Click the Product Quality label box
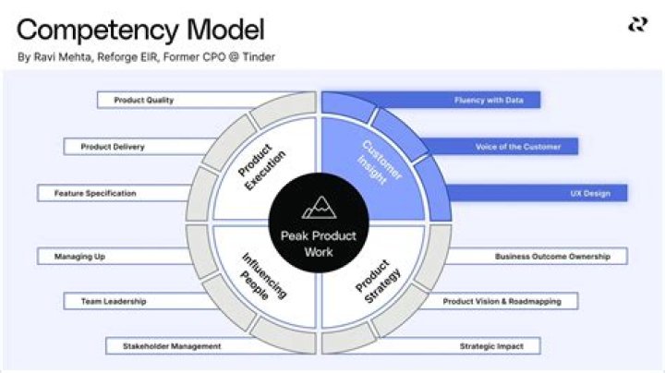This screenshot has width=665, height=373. (144, 100)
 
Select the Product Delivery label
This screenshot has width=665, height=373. (113, 147)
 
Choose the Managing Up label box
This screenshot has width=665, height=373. (73, 256)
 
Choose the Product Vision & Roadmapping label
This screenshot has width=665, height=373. (509, 301)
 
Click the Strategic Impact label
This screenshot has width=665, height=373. (491, 346)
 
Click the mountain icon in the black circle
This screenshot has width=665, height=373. (319, 208)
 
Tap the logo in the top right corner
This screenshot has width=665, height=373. (637, 25)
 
